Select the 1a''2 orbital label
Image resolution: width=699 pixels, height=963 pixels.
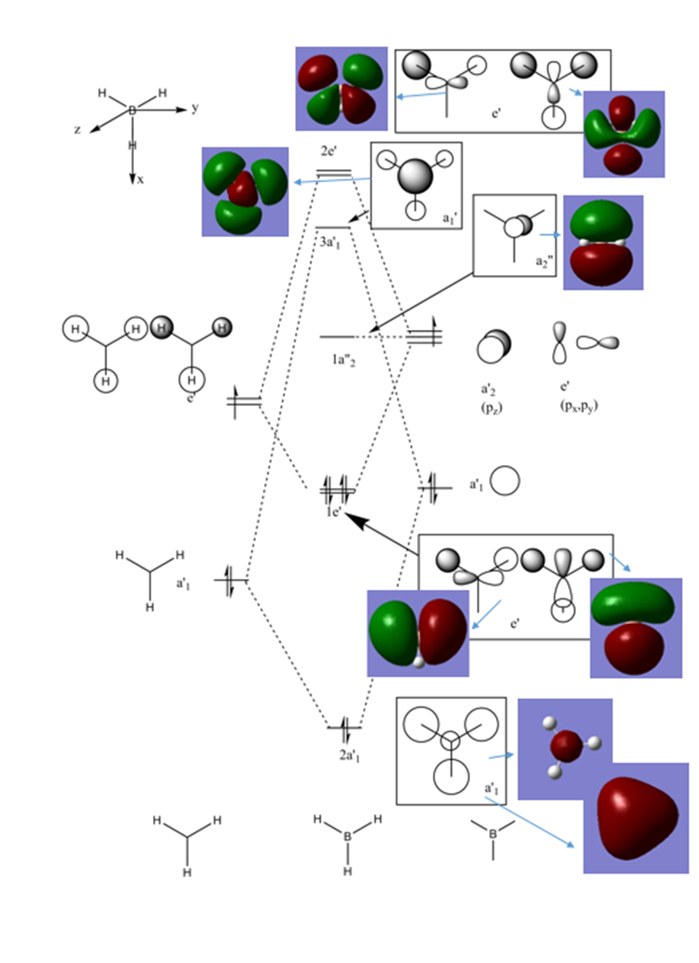(339, 358)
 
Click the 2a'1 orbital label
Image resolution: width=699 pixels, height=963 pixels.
(350, 756)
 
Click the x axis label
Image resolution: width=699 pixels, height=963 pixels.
(140, 180)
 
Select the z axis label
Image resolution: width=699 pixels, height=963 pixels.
(78, 130)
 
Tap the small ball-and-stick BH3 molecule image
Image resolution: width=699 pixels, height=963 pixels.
(565, 748)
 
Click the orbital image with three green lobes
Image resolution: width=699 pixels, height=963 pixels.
(245, 191)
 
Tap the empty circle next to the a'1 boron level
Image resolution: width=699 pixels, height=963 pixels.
(505, 481)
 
